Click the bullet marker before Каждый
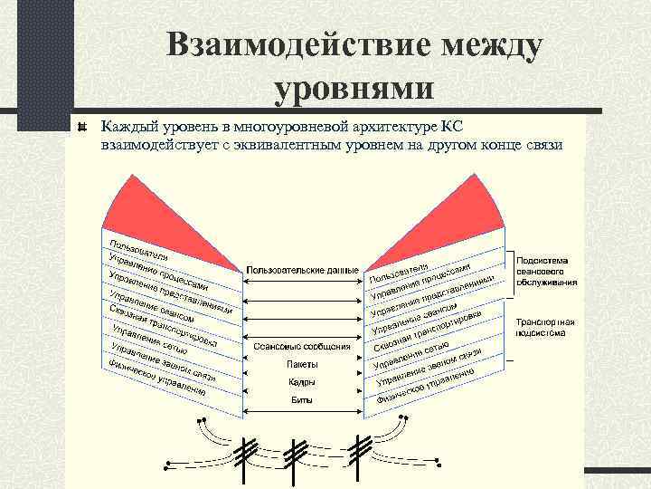coord(82,126)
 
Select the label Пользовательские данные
coord(302,270)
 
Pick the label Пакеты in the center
coord(302,364)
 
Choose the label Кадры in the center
coord(302,381)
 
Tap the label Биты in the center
coord(302,399)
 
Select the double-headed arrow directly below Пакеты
coord(303,373)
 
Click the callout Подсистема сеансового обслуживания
coord(542,270)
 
